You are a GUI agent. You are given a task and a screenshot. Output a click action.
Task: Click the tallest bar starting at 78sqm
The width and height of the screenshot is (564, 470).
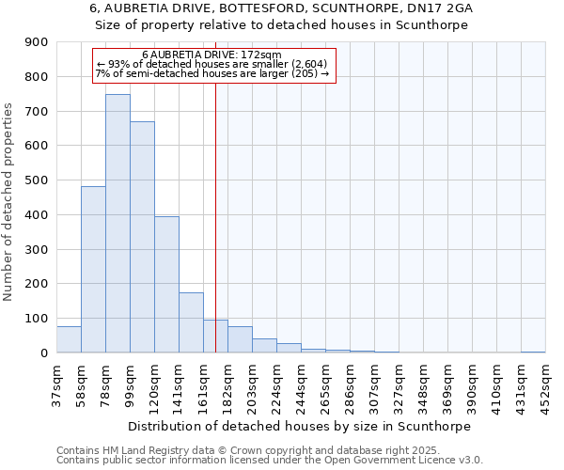tap(117, 224)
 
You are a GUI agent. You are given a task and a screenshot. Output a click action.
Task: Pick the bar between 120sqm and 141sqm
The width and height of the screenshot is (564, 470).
tap(166, 285)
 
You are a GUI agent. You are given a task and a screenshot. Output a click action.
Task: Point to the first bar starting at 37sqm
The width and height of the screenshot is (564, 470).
tap(69, 339)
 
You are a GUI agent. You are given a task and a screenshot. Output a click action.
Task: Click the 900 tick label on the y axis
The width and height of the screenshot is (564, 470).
tap(36, 42)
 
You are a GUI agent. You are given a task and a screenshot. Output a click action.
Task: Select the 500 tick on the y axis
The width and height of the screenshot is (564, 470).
tap(36, 180)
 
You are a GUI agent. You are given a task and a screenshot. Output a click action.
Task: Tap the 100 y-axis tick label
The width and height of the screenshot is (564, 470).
tap(36, 319)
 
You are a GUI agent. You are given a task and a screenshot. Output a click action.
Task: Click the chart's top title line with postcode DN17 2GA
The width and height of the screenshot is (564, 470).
tap(281, 8)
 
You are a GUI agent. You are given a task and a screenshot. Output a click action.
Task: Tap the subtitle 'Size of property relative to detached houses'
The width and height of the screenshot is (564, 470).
tap(281, 24)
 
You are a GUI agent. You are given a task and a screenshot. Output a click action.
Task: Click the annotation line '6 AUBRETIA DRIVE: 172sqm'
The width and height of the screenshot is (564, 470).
tap(211, 55)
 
